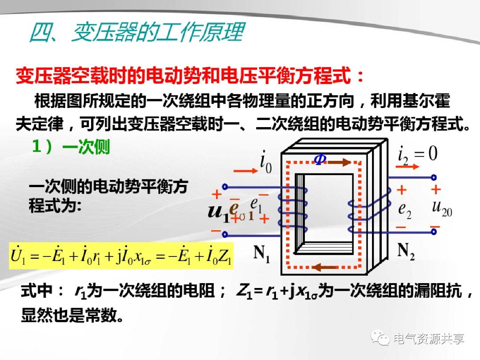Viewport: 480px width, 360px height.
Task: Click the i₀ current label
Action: click(x=266, y=164)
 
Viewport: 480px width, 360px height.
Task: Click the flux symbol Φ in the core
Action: click(x=320, y=160)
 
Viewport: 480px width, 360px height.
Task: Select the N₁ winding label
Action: click(x=262, y=254)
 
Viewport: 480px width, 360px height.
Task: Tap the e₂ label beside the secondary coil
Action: click(x=404, y=210)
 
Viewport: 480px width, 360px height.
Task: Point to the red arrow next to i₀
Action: click(x=243, y=170)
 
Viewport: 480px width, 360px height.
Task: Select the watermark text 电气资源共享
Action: click(x=429, y=339)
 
